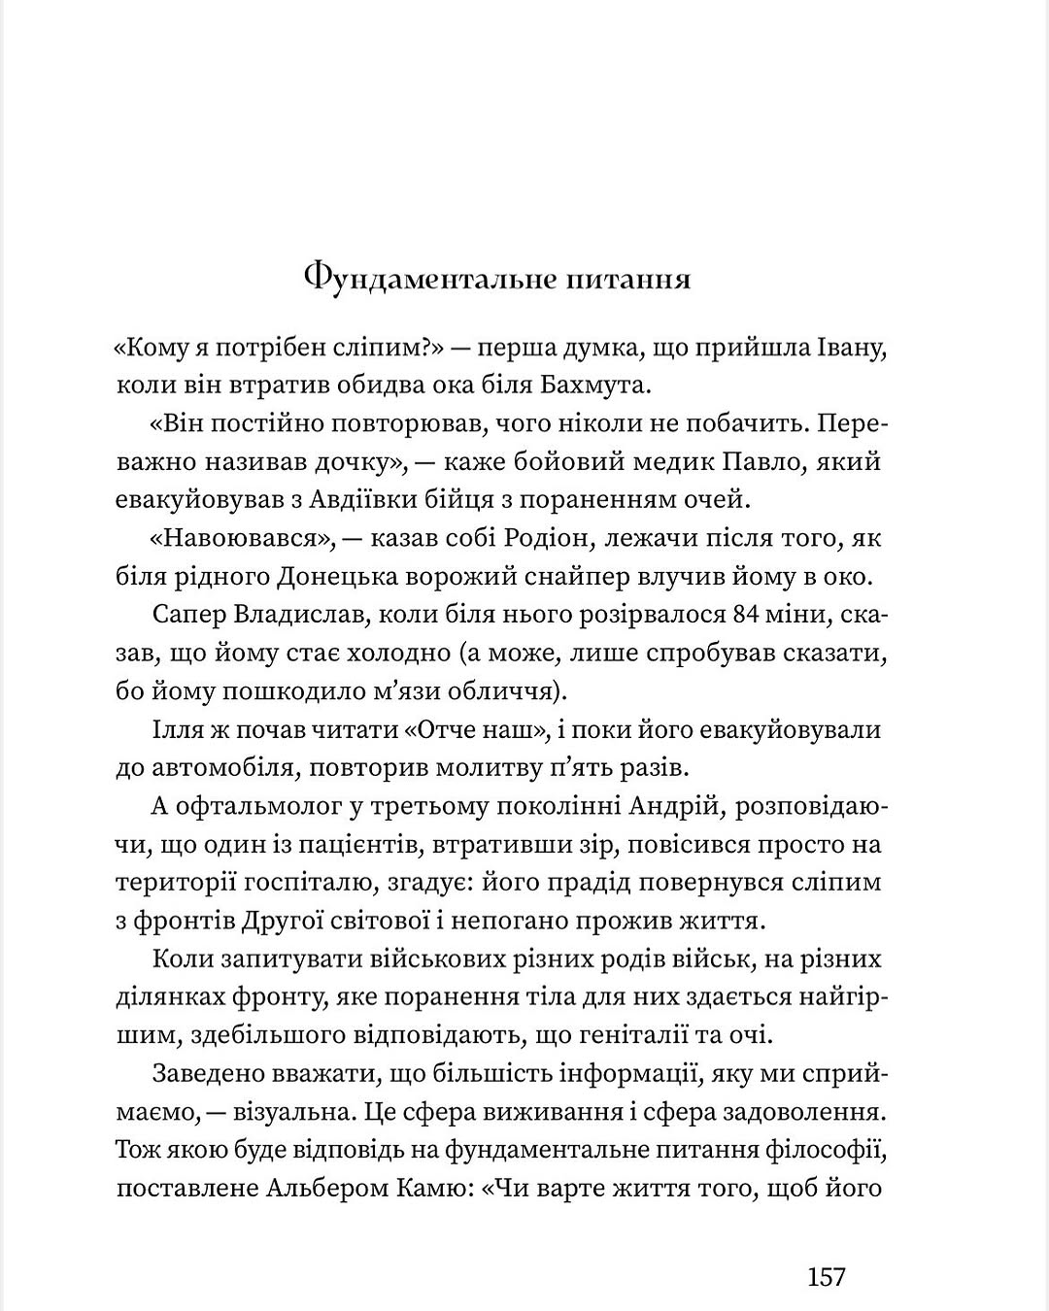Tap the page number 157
(827, 1275)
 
